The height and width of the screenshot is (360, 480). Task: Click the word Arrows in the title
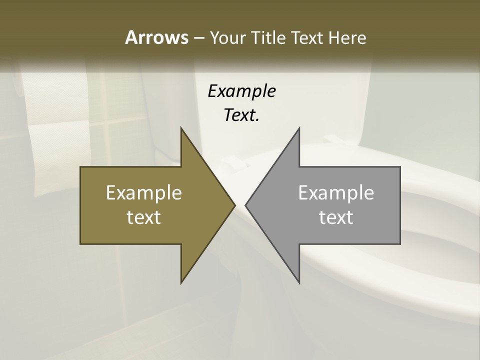[156, 37]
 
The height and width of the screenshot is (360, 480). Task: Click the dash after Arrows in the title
[198, 38]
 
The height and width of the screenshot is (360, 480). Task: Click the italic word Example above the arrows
[241, 91]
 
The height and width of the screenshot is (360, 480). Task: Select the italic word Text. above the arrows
[241, 115]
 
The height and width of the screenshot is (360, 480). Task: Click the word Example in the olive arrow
[144, 192]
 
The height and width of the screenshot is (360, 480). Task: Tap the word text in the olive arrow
[144, 217]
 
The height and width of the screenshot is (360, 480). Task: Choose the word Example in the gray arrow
[336, 192]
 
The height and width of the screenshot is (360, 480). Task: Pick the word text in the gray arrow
[336, 217]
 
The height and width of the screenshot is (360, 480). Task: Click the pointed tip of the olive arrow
[234, 205]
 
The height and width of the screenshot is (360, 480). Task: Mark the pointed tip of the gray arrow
[246, 205]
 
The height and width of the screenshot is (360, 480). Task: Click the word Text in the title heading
[308, 37]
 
